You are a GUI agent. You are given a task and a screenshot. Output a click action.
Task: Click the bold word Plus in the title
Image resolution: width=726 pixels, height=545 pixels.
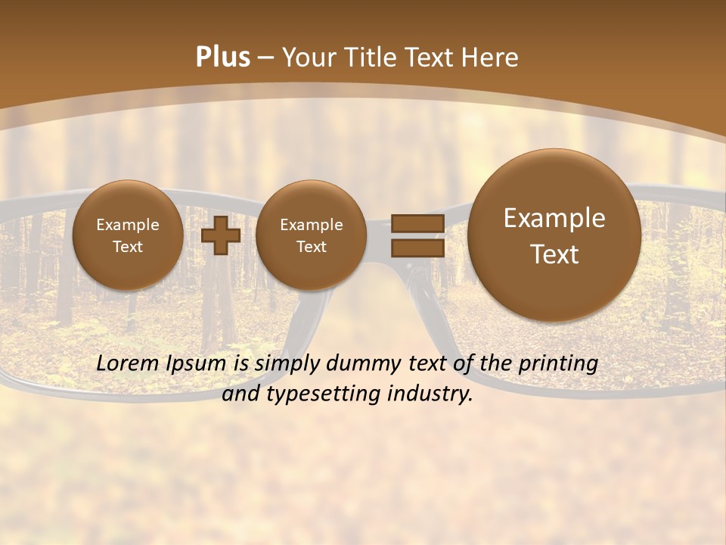tap(222, 58)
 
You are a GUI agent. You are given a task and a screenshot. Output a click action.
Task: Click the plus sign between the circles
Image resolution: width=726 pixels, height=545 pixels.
tap(221, 235)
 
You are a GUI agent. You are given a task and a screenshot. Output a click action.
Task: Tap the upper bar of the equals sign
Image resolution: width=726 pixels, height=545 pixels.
tap(417, 223)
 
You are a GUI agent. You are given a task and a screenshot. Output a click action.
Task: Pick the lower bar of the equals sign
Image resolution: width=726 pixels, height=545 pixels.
tap(417, 248)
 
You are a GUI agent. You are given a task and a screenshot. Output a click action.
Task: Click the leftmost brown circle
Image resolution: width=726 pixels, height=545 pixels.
tap(128, 235)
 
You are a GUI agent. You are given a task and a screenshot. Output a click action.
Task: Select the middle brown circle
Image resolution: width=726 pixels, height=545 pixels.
tap(311, 235)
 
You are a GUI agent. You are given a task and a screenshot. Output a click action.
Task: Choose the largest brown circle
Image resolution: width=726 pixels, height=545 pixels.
tap(554, 235)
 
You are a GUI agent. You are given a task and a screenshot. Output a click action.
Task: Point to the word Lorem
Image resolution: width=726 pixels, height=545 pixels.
tap(129, 363)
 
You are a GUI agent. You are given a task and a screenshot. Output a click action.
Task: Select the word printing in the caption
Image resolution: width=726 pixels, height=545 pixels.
tap(557, 364)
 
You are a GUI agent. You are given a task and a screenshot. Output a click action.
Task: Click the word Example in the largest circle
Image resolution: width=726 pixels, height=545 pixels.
tap(554, 218)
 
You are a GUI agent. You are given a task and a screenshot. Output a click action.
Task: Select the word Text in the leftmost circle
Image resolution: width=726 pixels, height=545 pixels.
tap(128, 247)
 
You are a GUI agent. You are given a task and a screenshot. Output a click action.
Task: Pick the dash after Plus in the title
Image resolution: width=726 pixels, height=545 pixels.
tap(265, 58)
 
